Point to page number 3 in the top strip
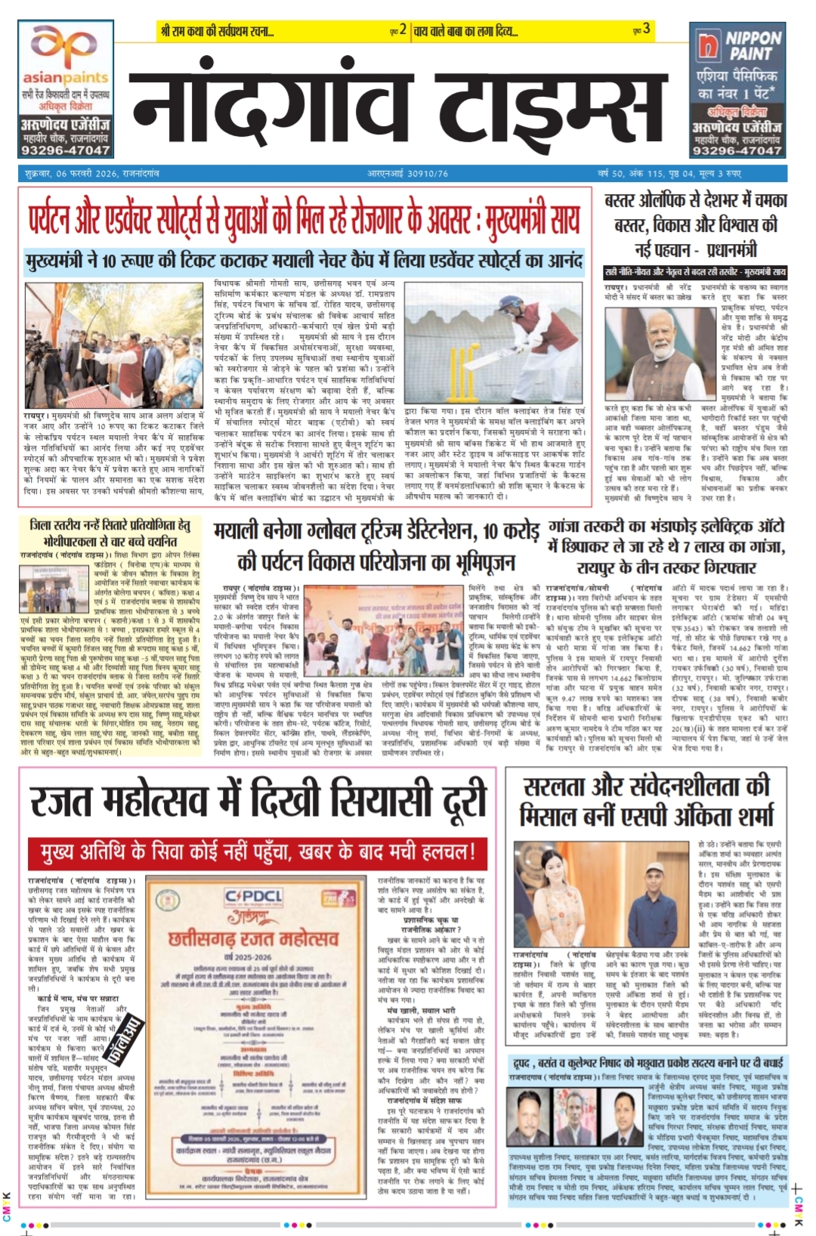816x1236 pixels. pos(646,30)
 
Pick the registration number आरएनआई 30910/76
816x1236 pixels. pos(407,174)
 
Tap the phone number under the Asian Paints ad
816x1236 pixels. pos(65,150)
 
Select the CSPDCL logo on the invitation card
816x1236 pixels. pos(254,897)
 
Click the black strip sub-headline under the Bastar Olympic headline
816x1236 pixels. pos(695,272)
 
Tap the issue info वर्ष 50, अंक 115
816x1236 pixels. pos(629,174)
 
